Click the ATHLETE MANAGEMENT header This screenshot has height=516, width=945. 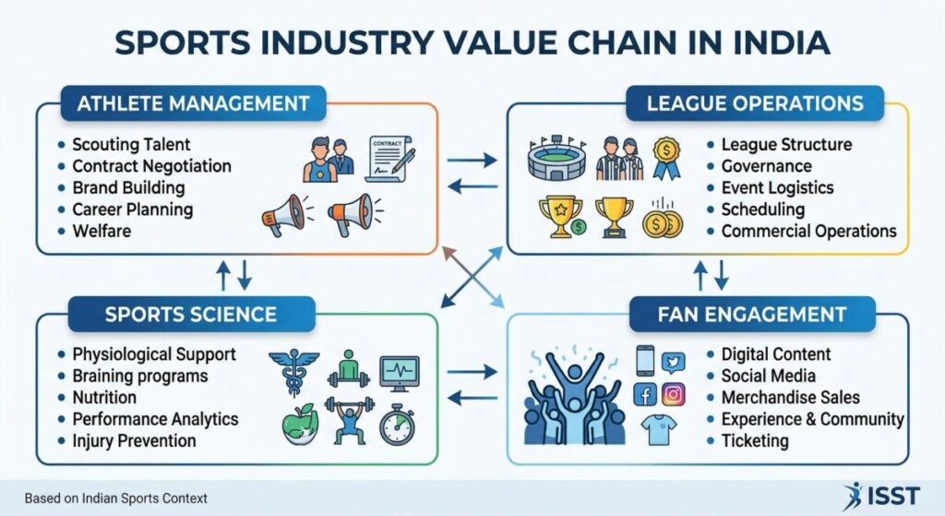194,103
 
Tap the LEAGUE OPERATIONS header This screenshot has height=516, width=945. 755,103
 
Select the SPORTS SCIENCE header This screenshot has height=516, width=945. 191,314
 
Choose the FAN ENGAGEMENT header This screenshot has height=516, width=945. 752,314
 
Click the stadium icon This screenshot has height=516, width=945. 556,158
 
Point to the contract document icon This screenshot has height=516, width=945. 389,159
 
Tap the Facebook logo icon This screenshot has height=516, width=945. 645,395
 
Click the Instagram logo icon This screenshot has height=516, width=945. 673,395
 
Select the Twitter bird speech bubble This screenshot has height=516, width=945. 673,362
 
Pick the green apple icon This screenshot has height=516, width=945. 300,424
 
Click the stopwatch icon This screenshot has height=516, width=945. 397,425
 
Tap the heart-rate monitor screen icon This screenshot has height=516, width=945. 399,373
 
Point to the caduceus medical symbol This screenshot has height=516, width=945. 294,373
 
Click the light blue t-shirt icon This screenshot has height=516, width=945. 659,430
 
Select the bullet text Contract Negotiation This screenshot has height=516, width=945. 152,166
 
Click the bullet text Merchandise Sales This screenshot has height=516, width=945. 791,397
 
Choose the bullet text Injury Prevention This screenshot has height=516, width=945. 135,440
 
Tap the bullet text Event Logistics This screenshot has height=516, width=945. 777,187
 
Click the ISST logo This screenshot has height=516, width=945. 881,496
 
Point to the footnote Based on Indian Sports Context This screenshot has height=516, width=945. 115,498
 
